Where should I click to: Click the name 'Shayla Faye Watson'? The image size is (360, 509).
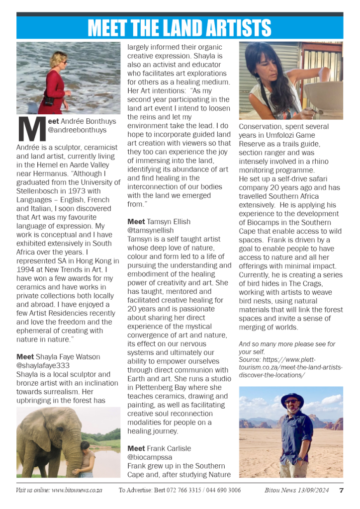click(68, 357)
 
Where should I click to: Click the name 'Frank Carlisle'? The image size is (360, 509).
click(169, 448)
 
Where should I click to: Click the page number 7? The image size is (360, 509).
click(342, 490)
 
